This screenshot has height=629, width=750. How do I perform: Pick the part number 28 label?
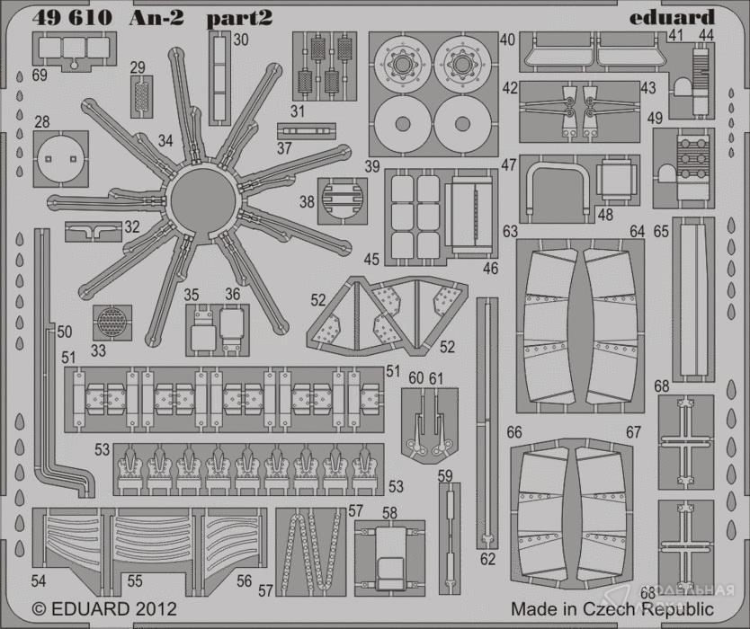42,122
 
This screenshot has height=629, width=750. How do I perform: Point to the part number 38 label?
307,203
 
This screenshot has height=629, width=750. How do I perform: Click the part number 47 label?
508,165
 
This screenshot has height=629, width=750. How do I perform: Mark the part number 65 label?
661,232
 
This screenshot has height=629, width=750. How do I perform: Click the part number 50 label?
63,332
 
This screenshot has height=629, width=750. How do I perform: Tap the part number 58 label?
388,513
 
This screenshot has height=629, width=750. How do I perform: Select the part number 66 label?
513,433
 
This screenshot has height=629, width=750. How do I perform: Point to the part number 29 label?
137,68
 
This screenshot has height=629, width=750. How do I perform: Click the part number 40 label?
507,40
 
